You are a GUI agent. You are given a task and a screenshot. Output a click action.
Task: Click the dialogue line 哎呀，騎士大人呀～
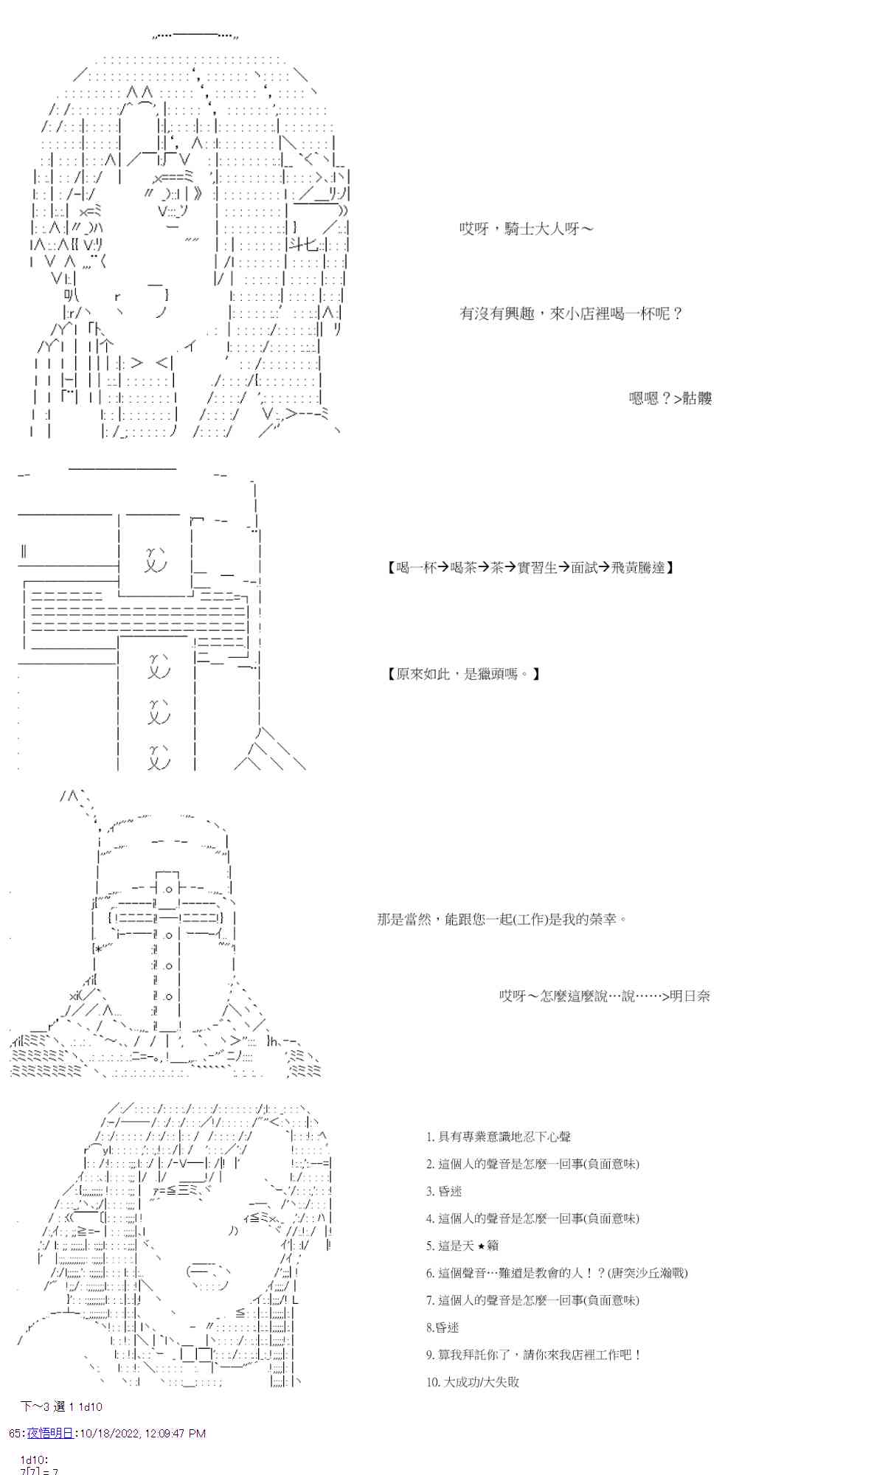pos(526,229)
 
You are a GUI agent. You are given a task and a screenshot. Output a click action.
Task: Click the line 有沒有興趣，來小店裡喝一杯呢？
pos(572,314)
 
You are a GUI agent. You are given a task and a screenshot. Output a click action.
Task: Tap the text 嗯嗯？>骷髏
pos(670,399)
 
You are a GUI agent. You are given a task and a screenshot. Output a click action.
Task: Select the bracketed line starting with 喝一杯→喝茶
pos(530,568)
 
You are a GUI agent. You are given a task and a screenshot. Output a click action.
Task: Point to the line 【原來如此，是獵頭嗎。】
pos(463,674)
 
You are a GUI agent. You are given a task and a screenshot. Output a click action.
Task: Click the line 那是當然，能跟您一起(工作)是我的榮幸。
pos(502,920)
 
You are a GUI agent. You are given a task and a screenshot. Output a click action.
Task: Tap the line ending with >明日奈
pos(604,996)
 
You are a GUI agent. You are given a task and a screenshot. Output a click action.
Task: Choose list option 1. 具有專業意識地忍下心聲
pos(499,1137)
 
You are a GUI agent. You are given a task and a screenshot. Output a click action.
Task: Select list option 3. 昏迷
pos(444,1192)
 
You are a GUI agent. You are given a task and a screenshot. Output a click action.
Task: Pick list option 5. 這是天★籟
pos(462,1246)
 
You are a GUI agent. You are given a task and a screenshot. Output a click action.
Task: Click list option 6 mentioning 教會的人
pos(557,1274)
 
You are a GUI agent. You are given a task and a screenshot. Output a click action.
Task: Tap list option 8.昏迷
pos(442,1328)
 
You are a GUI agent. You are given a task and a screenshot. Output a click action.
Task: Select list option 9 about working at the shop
pos(534,1356)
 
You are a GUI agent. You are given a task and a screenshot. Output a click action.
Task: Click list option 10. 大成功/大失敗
pos(473,1383)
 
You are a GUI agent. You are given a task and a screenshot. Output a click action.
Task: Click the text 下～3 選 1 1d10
pos(61,1407)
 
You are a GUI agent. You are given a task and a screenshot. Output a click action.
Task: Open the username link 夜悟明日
pos(50,1434)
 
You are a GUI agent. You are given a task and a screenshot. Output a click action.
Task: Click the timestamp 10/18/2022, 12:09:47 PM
pos(142,1434)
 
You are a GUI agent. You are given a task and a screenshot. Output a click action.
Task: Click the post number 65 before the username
pos(15,1434)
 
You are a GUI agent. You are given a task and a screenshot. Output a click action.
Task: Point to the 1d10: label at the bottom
pos(34,1460)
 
